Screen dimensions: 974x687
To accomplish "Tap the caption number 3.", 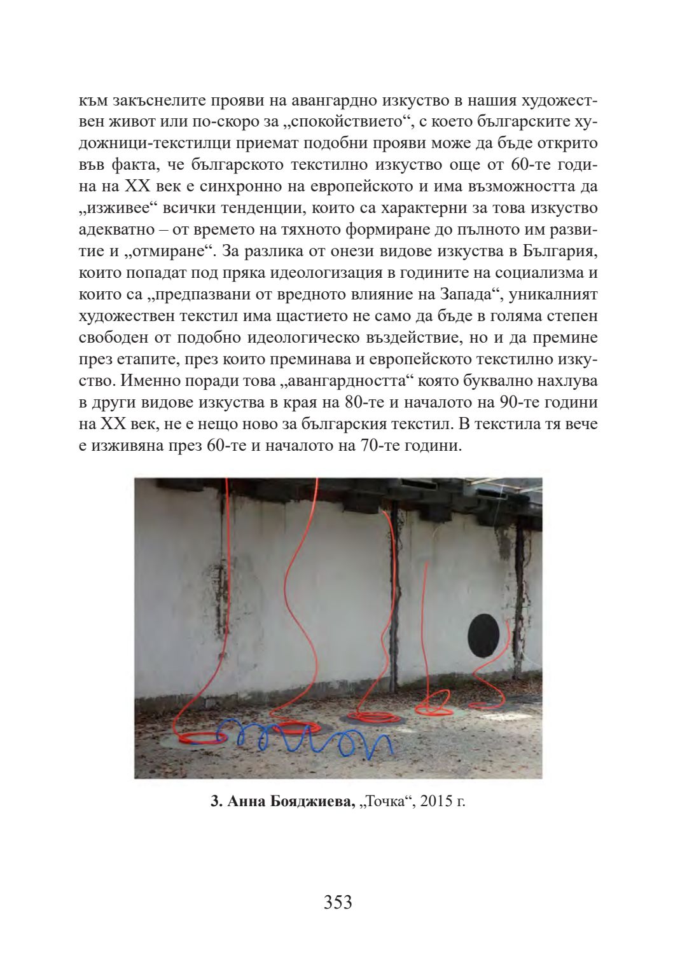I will pyautogui.click(x=214, y=802).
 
